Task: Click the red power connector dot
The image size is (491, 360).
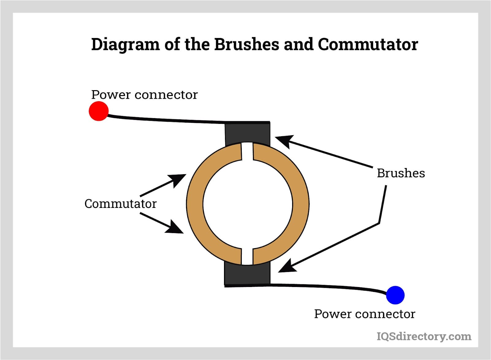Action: pos(99,111)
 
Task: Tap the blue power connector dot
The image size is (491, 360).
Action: pos(395,295)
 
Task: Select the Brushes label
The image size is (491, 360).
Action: pos(401,173)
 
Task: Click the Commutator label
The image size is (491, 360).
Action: pos(120,204)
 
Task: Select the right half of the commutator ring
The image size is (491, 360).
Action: pos(301,204)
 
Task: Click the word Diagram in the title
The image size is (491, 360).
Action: pos(125,45)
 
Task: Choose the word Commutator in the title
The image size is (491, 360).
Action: pos(368,44)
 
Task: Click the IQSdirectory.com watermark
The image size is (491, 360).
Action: pos(424,336)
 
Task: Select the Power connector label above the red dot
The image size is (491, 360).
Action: pos(144,95)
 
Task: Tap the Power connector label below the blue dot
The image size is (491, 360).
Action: pos(365,314)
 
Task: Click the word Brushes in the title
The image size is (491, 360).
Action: pos(246,44)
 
